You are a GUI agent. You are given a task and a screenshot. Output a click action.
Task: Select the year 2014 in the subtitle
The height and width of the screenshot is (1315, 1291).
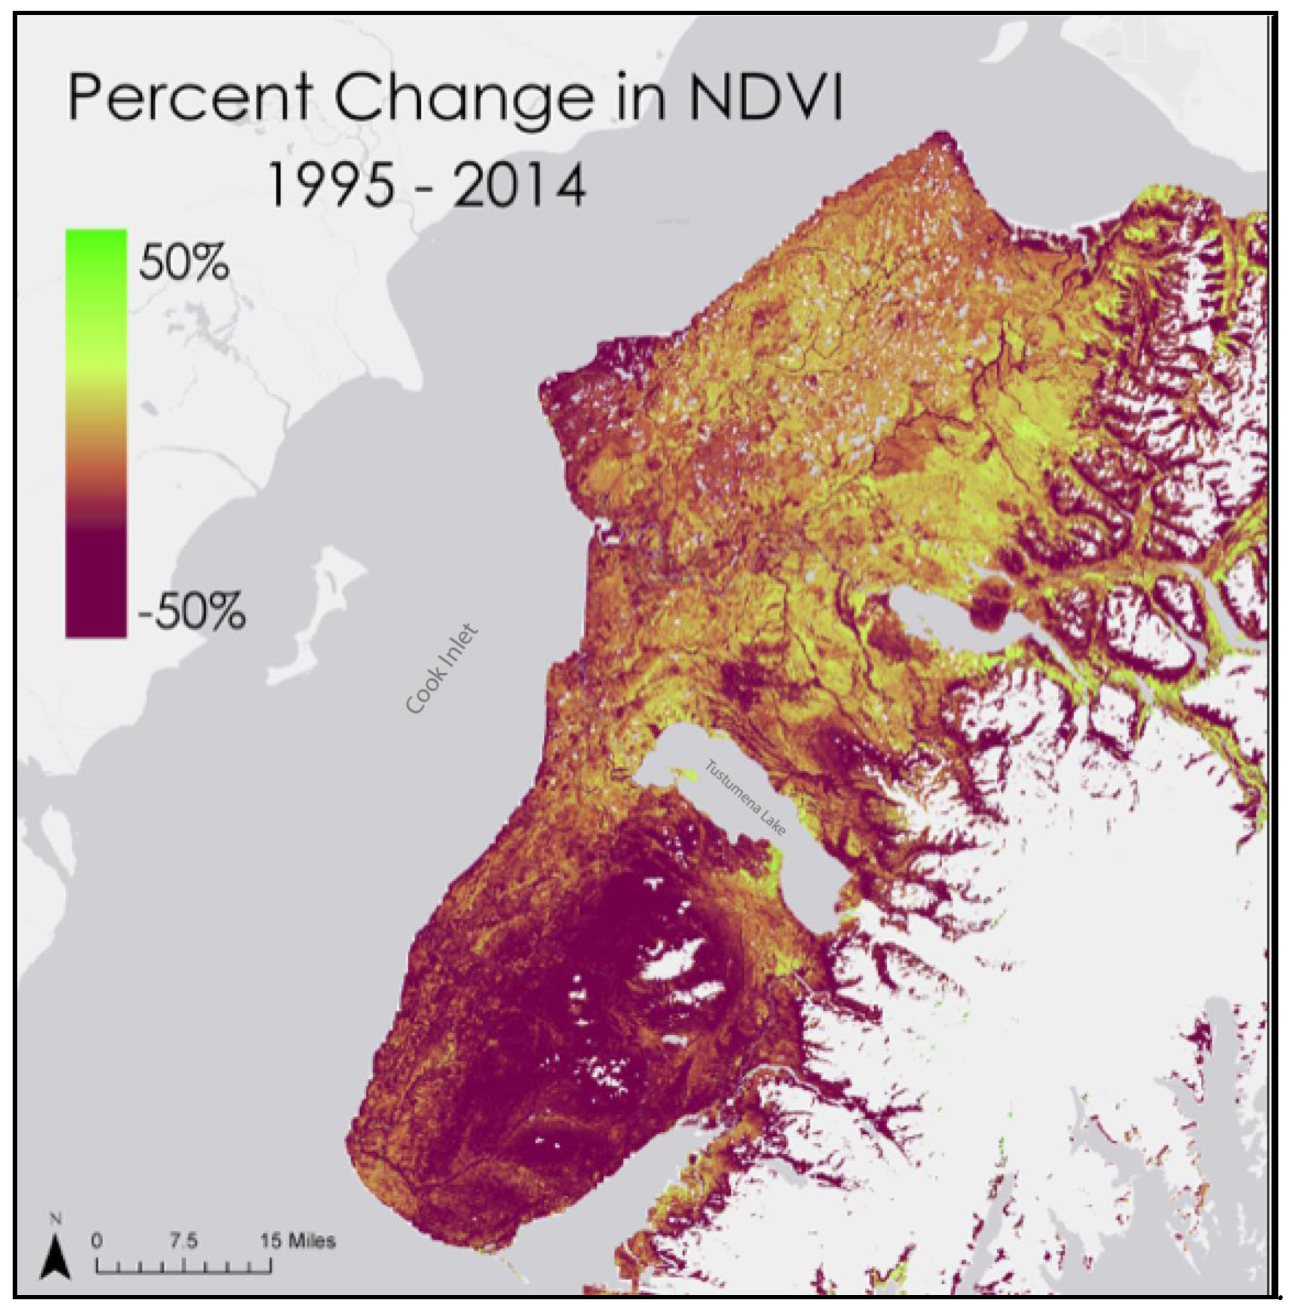519,186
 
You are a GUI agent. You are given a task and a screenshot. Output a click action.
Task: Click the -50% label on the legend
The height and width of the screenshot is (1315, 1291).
191,611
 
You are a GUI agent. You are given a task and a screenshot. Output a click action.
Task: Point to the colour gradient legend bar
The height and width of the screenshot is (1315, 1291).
95,434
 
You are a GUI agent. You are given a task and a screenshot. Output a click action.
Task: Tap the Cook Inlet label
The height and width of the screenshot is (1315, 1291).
442,669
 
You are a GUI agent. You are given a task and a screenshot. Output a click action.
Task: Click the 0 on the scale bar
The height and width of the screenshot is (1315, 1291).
97,1240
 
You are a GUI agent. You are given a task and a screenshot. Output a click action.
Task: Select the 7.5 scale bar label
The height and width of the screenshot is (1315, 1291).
184,1240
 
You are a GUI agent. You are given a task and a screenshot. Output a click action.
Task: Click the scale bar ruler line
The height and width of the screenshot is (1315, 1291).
184,1265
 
